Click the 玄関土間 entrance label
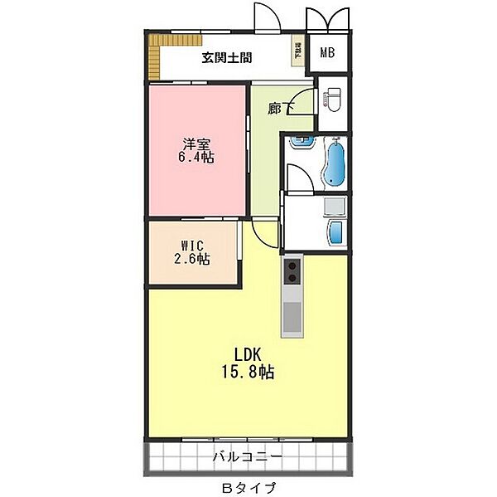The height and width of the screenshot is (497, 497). [226, 58]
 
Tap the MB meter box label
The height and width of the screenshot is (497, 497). [327, 54]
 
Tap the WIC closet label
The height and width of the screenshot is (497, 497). [192, 246]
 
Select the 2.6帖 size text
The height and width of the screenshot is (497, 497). [192, 260]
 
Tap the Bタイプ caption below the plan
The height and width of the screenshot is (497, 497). [248, 487]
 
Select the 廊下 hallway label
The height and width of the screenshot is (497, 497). [280, 108]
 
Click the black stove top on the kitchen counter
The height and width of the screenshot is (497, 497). [293, 270]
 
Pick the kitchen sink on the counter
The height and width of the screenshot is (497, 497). [293, 316]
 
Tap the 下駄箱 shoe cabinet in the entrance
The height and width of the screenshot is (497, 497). [297, 51]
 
